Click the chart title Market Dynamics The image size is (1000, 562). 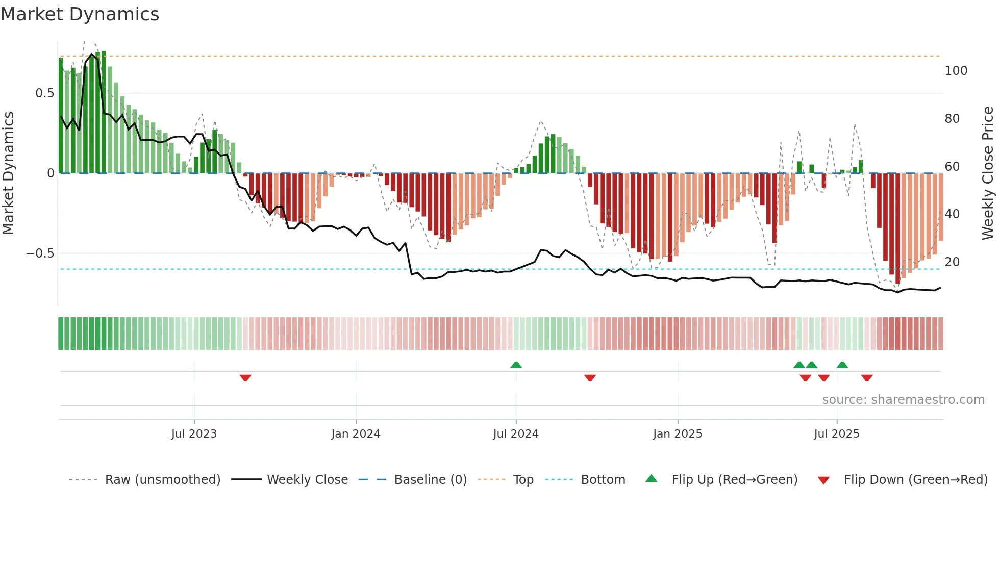point(80,14)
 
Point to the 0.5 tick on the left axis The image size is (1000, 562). point(44,93)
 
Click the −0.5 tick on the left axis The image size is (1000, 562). point(40,253)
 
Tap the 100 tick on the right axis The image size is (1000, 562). point(956,71)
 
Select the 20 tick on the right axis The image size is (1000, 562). point(952,262)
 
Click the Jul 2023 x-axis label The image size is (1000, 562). point(194,434)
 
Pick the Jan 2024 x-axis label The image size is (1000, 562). point(356,434)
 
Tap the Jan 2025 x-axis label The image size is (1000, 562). point(678,434)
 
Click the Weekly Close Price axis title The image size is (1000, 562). point(988,173)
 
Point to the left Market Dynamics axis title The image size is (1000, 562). point(8,173)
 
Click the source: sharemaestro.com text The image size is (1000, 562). point(903,400)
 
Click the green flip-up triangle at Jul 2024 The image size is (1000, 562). point(516,365)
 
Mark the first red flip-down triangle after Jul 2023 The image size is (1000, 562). point(245,378)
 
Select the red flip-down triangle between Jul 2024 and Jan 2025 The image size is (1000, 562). point(590,378)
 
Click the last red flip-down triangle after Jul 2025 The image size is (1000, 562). point(867,378)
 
